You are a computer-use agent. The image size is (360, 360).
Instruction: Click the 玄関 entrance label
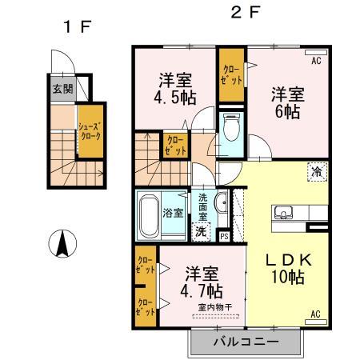62,89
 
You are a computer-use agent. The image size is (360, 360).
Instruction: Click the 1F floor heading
79,27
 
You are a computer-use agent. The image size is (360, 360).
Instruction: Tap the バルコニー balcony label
246,342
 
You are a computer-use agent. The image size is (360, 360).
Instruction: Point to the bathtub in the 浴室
150,214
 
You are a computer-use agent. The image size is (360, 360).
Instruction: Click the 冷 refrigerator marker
317,170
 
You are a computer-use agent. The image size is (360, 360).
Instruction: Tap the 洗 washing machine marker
201,230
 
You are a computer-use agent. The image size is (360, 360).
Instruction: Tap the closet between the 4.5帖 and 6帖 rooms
232,79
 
